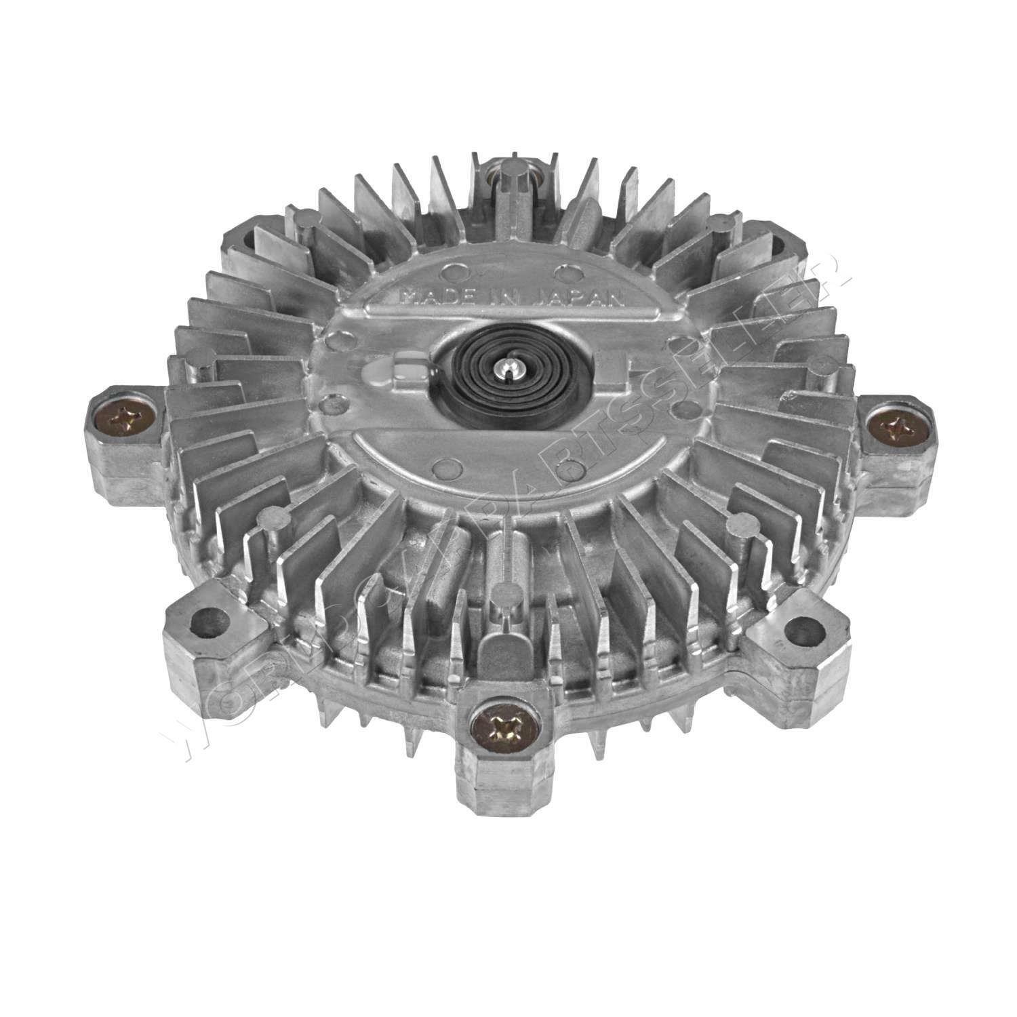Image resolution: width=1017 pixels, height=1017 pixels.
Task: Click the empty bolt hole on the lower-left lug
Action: tap(207, 622)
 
